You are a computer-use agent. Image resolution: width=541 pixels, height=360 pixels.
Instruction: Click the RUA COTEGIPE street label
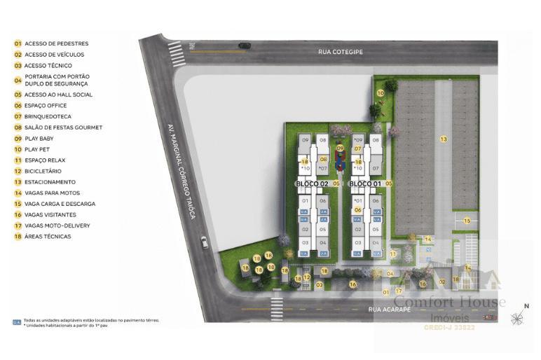pos(341,51)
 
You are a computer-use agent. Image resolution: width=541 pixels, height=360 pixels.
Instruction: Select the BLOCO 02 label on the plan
pos(311,184)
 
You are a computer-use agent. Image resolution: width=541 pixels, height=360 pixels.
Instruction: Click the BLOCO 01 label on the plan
pos(364,184)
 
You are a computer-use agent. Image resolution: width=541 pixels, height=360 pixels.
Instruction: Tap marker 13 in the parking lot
pos(443,139)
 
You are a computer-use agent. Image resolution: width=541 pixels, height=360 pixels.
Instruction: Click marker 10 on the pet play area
pos(381,92)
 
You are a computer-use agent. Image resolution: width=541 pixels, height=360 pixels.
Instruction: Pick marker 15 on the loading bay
pos(467,221)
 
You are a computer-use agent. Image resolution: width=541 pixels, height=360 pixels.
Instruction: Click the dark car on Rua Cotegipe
pos(244,46)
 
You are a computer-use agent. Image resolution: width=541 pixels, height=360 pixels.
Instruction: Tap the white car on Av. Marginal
pos(204,242)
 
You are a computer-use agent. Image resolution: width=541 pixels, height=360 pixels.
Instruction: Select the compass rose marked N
pos(517,318)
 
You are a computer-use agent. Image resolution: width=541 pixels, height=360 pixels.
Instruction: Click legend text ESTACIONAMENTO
pos(50,182)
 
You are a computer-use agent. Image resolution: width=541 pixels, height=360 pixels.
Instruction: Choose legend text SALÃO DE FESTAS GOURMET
pos(63,127)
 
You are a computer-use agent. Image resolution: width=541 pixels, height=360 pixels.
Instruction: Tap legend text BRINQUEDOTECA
pos(48,116)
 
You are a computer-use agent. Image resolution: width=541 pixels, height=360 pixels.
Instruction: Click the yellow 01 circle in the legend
pos(18,43)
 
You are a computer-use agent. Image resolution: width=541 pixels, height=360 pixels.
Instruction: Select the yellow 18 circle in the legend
pos(18,237)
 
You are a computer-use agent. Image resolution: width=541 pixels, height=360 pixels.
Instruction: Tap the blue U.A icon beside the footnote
pos(16,322)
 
